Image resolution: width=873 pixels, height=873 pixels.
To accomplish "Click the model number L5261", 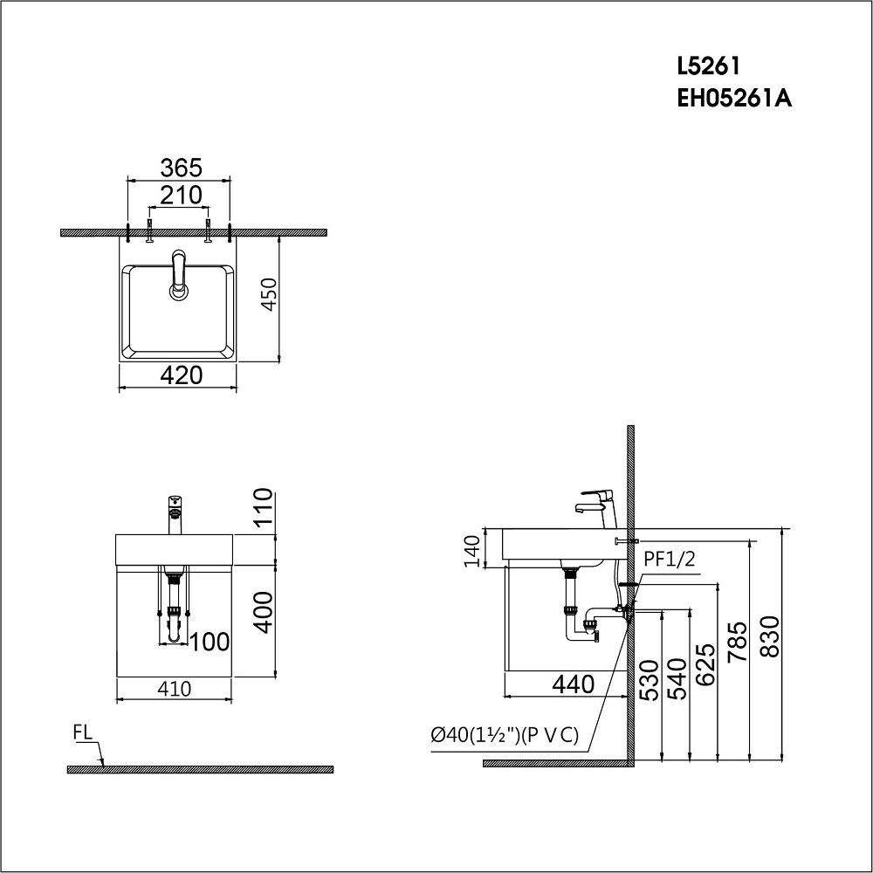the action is (708, 66).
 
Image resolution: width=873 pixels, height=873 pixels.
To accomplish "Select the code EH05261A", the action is (734, 100).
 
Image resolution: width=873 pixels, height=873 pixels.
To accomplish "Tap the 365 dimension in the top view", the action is (181, 167).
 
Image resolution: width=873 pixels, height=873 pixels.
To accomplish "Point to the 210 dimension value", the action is (181, 196).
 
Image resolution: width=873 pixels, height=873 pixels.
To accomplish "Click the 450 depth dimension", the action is (269, 294).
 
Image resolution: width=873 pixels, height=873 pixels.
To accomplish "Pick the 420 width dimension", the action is (182, 375).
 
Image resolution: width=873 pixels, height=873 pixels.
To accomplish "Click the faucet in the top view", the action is (179, 275).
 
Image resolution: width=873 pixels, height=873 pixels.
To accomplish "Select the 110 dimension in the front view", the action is (265, 505).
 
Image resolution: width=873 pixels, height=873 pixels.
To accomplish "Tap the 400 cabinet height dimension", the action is (265, 613).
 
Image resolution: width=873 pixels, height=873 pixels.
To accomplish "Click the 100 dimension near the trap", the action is (210, 642).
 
